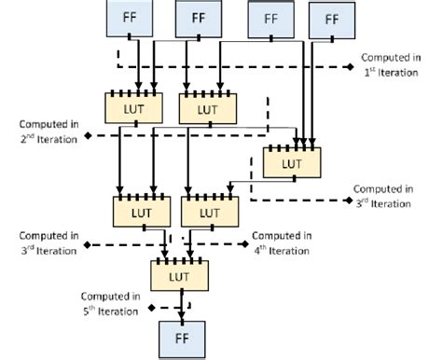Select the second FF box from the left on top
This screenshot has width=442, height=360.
(198, 18)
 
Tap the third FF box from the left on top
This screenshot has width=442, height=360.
(269, 19)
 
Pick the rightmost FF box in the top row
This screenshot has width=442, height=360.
(329, 18)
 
